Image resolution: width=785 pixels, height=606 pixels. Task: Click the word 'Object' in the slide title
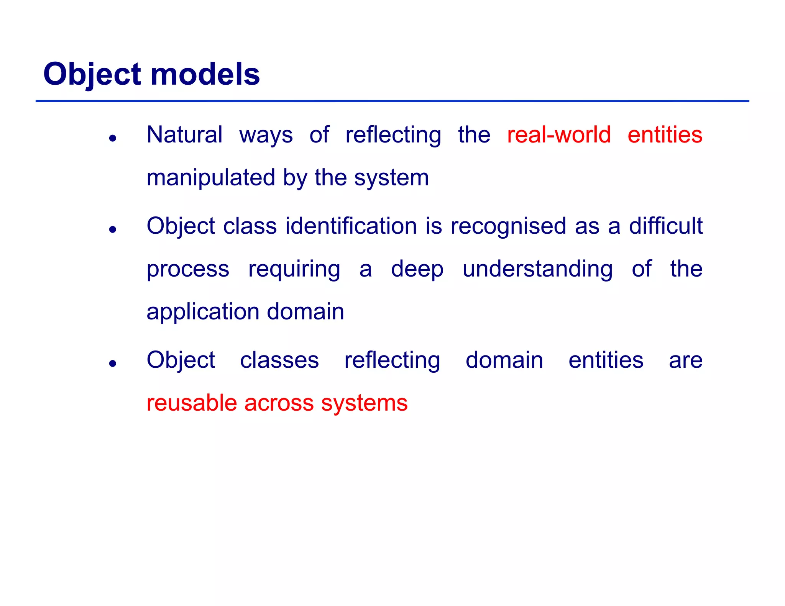92,74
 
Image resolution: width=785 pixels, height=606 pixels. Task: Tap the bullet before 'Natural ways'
112,138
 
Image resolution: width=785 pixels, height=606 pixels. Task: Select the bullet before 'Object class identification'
112,229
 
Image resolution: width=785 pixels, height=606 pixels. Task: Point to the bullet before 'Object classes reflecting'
112,363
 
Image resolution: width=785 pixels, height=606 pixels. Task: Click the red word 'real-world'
558,135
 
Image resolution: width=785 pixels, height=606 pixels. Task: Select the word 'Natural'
184,135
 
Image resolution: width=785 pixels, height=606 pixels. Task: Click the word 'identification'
351,226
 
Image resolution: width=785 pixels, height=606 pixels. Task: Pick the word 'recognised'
508,226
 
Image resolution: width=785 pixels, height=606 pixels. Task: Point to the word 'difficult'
665,226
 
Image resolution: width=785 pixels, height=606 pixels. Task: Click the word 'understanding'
537,269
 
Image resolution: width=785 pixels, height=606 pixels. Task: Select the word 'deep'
417,269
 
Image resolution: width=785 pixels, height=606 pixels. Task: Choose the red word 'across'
279,403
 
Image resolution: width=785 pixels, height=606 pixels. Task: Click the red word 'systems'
364,403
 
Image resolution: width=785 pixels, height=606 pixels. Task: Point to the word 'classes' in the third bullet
279,360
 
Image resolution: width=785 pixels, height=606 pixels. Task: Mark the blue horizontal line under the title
392,101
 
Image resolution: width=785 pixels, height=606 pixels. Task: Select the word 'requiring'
294,269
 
